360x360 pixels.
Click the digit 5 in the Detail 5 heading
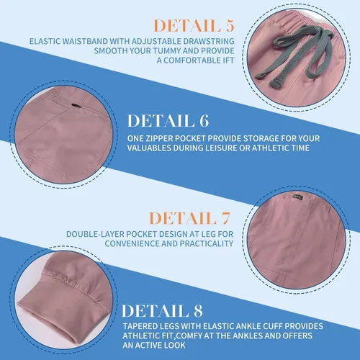pyautogui.click(x=230, y=26)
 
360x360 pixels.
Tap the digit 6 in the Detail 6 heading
pyautogui.click(x=204, y=120)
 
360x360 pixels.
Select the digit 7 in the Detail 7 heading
pyautogui.click(x=225, y=218)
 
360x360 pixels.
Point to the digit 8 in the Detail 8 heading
pyautogui.click(x=198, y=311)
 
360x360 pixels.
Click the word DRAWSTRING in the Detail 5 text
pyautogui.click(x=209, y=41)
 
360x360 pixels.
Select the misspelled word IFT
pyautogui.click(x=228, y=60)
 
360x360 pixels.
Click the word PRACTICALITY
pyautogui.click(x=207, y=243)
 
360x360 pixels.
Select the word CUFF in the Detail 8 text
pyautogui.click(x=273, y=326)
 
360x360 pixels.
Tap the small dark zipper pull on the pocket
pyautogui.click(x=76, y=105)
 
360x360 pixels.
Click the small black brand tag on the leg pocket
pyautogui.click(x=297, y=197)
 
